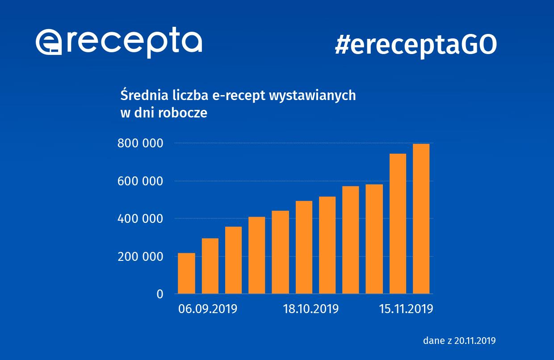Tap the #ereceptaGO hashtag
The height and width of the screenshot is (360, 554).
pos(415,45)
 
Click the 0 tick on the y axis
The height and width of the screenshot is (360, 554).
pos(159,294)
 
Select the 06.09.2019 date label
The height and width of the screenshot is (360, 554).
pos(207,309)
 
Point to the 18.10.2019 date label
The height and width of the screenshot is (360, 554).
pos(311,309)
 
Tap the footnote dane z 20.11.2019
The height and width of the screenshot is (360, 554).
pos(459,340)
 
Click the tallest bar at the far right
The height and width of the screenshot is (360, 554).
pos(421,219)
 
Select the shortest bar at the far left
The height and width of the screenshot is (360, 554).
pos(186,273)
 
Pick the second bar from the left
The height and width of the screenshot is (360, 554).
pos(210,266)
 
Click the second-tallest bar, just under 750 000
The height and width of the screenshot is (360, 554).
pos(398,223)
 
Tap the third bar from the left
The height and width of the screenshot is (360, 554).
pos(233,260)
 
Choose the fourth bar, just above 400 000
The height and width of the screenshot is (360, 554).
pos(256,255)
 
